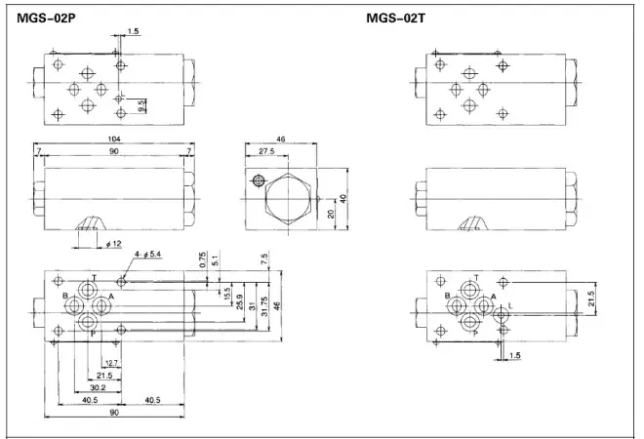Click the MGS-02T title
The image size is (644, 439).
tap(395, 16)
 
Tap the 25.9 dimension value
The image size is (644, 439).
tap(240, 299)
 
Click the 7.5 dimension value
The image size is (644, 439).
tap(263, 259)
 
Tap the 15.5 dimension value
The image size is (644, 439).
tap(227, 292)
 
